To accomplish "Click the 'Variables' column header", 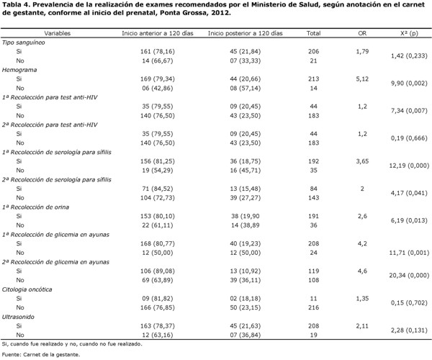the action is [x=58, y=33].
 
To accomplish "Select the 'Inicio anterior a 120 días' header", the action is [x=158, y=33].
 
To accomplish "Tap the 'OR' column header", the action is [x=362, y=33].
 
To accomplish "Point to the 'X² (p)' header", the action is [x=409, y=33].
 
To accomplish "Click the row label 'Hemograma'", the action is [x=19, y=70].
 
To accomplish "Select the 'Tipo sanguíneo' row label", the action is [x=24, y=42].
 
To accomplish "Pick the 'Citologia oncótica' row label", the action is [x=27, y=289].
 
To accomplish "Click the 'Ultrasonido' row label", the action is [x=18, y=317].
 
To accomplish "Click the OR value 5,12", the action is [x=362, y=79].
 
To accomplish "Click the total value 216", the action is [x=313, y=307].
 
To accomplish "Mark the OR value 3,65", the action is [x=362, y=161].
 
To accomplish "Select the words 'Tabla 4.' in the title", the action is [x=16, y=5].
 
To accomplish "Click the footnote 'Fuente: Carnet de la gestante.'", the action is [x=41, y=355].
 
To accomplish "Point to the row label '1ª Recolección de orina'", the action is [x=35, y=207].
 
